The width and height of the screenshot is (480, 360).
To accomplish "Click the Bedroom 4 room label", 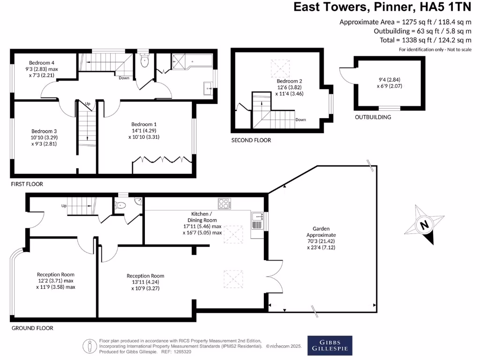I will [x=42, y=63].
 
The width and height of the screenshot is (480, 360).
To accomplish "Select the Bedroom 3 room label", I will [x=44, y=131].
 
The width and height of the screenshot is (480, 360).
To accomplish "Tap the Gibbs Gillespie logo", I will [x=330, y=345].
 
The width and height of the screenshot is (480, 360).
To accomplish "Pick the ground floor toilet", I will [x=121, y=204].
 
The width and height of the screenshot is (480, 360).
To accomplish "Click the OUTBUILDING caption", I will [x=373, y=117].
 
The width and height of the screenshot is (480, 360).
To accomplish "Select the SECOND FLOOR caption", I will [x=251, y=140].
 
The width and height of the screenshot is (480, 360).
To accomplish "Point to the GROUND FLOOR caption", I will [x=32, y=328].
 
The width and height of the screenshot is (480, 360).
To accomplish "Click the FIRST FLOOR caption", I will [x=27, y=184].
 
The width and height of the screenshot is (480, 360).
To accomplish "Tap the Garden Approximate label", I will [x=321, y=232].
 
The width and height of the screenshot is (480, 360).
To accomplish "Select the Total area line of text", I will [x=425, y=40].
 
